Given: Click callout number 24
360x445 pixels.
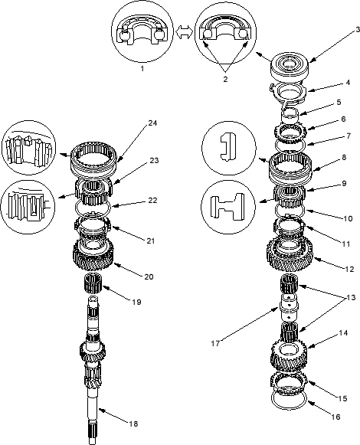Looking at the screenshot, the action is click(x=152, y=123).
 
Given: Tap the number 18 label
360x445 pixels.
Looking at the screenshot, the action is click(x=133, y=424).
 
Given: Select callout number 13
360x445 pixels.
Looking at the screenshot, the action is click(x=350, y=297).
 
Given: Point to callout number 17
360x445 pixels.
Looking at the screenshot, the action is click(x=215, y=343).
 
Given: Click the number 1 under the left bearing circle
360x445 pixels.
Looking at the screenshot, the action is click(x=142, y=68).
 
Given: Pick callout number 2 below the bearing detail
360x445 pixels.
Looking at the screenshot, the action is click(x=225, y=79).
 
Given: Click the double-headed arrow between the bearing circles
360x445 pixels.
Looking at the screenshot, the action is click(x=185, y=32).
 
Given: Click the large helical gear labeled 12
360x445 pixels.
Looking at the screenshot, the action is click(x=290, y=254).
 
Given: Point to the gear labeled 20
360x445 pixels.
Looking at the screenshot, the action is click(x=93, y=254).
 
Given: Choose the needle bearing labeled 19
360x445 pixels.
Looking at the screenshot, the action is click(x=93, y=283).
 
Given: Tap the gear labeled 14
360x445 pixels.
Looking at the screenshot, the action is click(x=289, y=355).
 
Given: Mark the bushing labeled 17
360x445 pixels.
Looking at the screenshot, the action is click(x=290, y=307).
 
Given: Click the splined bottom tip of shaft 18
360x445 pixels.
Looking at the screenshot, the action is click(x=93, y=437).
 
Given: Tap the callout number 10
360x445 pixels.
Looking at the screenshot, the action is click(x=348, y=218).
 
